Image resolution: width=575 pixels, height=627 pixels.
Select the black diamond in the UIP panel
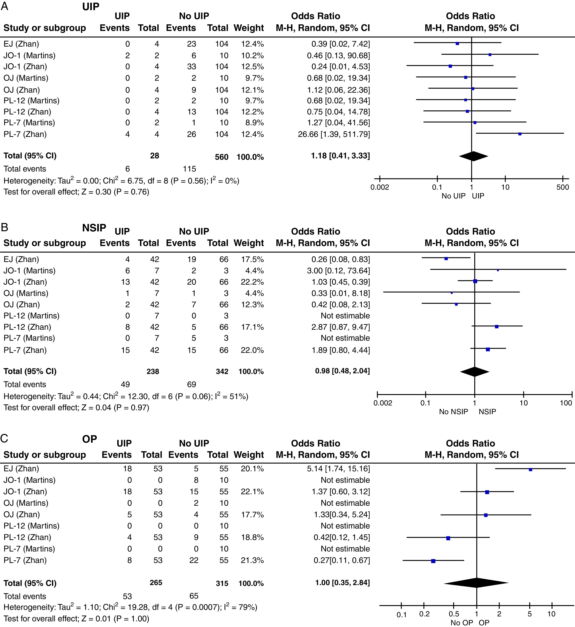[473, 156]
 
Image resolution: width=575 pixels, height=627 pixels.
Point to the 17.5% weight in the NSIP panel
[252, 259]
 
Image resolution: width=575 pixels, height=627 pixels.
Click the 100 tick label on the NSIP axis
[566, 403]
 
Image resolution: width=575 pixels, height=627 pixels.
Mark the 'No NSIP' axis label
[453, 412]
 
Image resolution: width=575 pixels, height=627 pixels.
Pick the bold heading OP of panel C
[90, 439]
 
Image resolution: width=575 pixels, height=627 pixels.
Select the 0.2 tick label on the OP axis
[424, 614]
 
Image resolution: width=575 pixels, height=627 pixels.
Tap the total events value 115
[189, 169]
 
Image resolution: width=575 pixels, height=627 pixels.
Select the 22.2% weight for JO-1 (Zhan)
[252, 282]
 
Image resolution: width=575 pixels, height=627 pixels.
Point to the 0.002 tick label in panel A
[380, 187]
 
